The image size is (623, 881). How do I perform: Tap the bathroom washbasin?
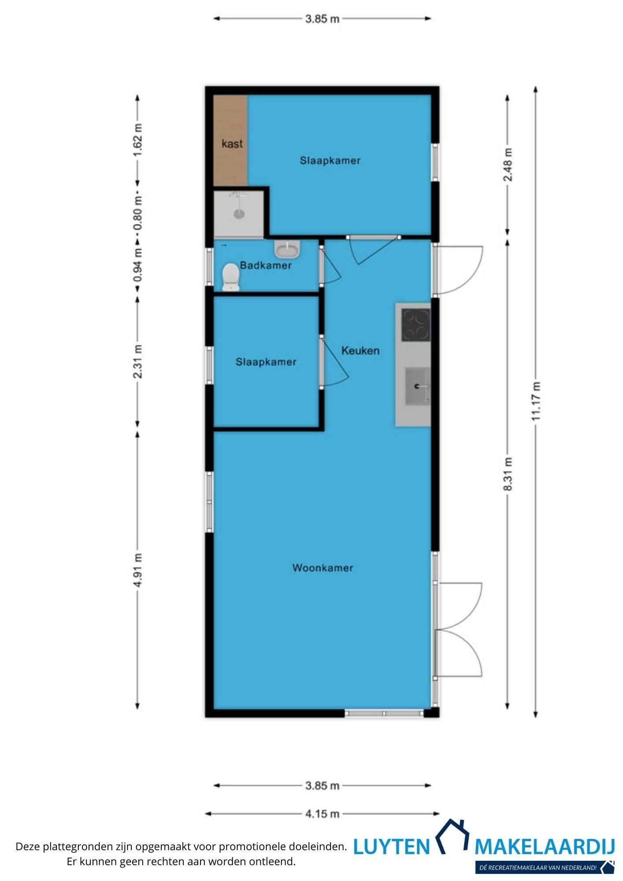coord(287,249)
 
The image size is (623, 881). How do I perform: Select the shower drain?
coord(239,214)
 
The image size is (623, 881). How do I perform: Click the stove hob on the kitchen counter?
coord(415,325)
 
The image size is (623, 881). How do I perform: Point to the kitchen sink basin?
coord(417,386)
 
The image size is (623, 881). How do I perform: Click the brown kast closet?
coord(230,141)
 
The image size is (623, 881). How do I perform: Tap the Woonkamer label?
coord(323,568)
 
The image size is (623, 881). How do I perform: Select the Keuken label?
coord(360,351)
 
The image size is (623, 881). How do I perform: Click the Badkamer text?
coord(266,265)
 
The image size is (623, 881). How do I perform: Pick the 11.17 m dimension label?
coord(535,401)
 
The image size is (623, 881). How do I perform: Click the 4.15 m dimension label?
coord(322,814)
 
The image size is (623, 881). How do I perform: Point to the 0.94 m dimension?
coord(138,266)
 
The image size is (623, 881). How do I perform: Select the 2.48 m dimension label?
coord(508,165)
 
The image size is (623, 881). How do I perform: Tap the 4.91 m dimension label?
coord(138,570)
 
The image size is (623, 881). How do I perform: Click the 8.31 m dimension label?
coord(508,474)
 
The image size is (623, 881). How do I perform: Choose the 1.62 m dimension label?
coord(138,140)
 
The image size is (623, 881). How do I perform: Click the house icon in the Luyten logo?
coord(452,836)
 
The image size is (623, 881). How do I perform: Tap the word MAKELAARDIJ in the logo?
coord(545,847)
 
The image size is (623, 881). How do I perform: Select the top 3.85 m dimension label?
coord(322,19)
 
